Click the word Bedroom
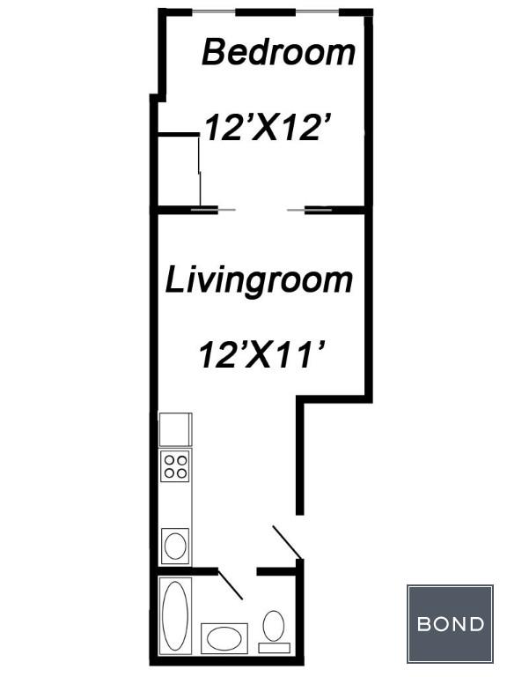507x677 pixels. coord(279,53)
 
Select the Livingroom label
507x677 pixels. coord(259,281)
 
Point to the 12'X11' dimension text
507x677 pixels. coord(262,355)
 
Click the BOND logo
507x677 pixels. coord(450,624)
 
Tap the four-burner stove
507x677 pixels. coord(175,466)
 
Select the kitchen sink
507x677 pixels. coord(175,546)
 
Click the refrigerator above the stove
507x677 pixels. coord(175,429)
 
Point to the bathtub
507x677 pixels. coord(175,615)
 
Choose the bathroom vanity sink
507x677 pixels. coord(224,638)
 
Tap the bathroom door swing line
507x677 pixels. coord(231,584)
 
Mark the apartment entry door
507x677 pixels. coord(286,542)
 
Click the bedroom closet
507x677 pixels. coord(178,170)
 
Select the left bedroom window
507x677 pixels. coord(213,11)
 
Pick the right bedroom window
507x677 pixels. coord(317,11)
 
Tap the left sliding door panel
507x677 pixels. coord(213,210)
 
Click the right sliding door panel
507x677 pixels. coord(310,210)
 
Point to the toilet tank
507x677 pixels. coord(275,648)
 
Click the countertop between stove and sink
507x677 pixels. coord(175,505)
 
